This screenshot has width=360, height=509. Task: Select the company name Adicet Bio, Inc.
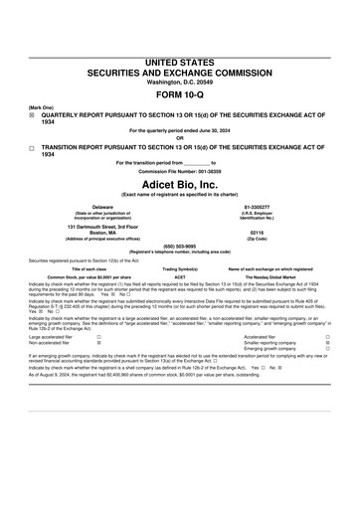[x=180, y=184]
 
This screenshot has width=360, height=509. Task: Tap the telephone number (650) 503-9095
[x=180, y=247]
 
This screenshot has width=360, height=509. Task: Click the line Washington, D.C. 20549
[x=180, y=82]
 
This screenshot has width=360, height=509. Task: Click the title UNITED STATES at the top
[x=180, y=62]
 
